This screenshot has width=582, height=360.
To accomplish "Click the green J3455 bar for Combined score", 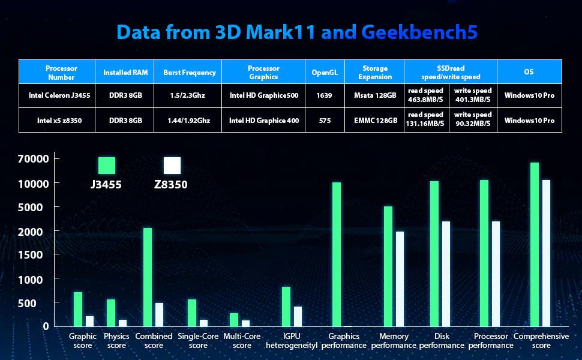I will (x=148, y=277).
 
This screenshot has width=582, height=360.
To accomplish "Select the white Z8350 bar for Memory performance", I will (x=400, y=279).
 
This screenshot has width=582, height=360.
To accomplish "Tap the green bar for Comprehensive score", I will (x=534, y=244).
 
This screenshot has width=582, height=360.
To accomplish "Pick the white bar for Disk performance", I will (x=446, y=274).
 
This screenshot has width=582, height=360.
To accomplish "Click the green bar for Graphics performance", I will (x=337, y=254).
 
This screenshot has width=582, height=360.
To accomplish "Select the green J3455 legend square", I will (x=107, y=166).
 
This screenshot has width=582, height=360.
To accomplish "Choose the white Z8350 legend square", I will (x=172, y=166).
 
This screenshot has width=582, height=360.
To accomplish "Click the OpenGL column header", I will (x=325, y=73).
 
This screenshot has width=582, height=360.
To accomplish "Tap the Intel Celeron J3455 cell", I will (x=57, y=95).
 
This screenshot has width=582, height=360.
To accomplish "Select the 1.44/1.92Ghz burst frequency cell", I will (x=189, y=120).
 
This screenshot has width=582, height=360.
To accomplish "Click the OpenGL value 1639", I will (x=325, y=95).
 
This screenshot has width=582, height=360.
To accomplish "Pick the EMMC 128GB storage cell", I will (x=375, y=120).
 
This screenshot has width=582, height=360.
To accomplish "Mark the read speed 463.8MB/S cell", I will (x=426, y=95).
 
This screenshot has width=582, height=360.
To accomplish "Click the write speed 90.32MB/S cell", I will (x=473, y=120).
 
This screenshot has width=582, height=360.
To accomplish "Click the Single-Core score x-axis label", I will (x=198, y=341).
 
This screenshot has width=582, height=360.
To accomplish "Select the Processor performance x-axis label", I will (x=491, y=341).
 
